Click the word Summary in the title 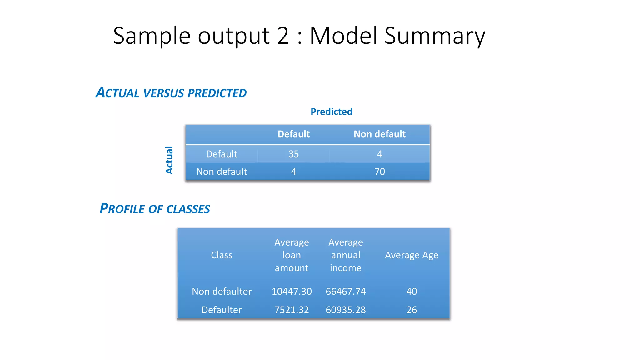point(435,36)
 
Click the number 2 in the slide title point(283,36)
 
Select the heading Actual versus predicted point(171,93)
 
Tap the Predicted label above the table point(331,112)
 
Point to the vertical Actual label point(169,160)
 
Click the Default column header point(293,134)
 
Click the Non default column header point(379,134)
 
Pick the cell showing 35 point(293,154)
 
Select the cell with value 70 point(380,172)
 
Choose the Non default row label point(222,172)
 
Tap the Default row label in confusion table point(222,154)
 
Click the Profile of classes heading point(155,209)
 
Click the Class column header point(222,255)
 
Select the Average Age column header point(412,255)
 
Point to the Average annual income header point(346,255)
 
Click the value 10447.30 point(292,291)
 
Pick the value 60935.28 point(346,310)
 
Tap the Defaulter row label point(222,310)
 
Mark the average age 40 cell point(412,291)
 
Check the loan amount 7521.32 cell point(292,310)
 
